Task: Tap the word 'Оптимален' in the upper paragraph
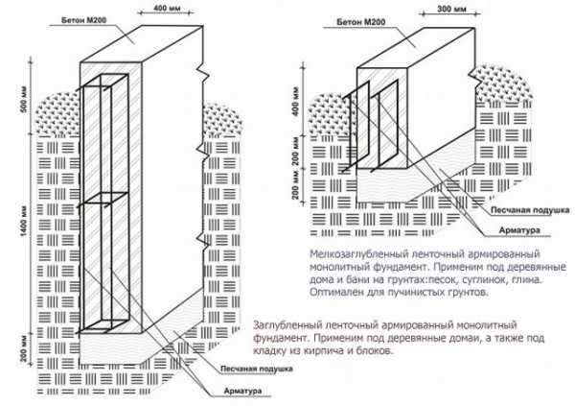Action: [x=340, y=295]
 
